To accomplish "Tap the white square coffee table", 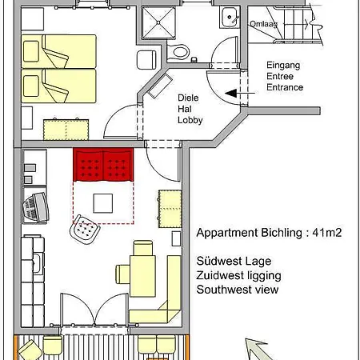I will (x=103, y=203).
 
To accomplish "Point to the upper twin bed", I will (x=68, y=50).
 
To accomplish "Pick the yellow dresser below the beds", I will (x=68, y=128).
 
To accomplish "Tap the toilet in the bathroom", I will (x=180, y=51).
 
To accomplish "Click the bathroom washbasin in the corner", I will (x=229, y=15).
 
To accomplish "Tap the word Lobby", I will (x=190, y=121).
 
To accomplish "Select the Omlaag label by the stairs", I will (x=264, y=23).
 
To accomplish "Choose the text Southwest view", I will (x=238, y=290).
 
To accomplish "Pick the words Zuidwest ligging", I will (x=238, y=275).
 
